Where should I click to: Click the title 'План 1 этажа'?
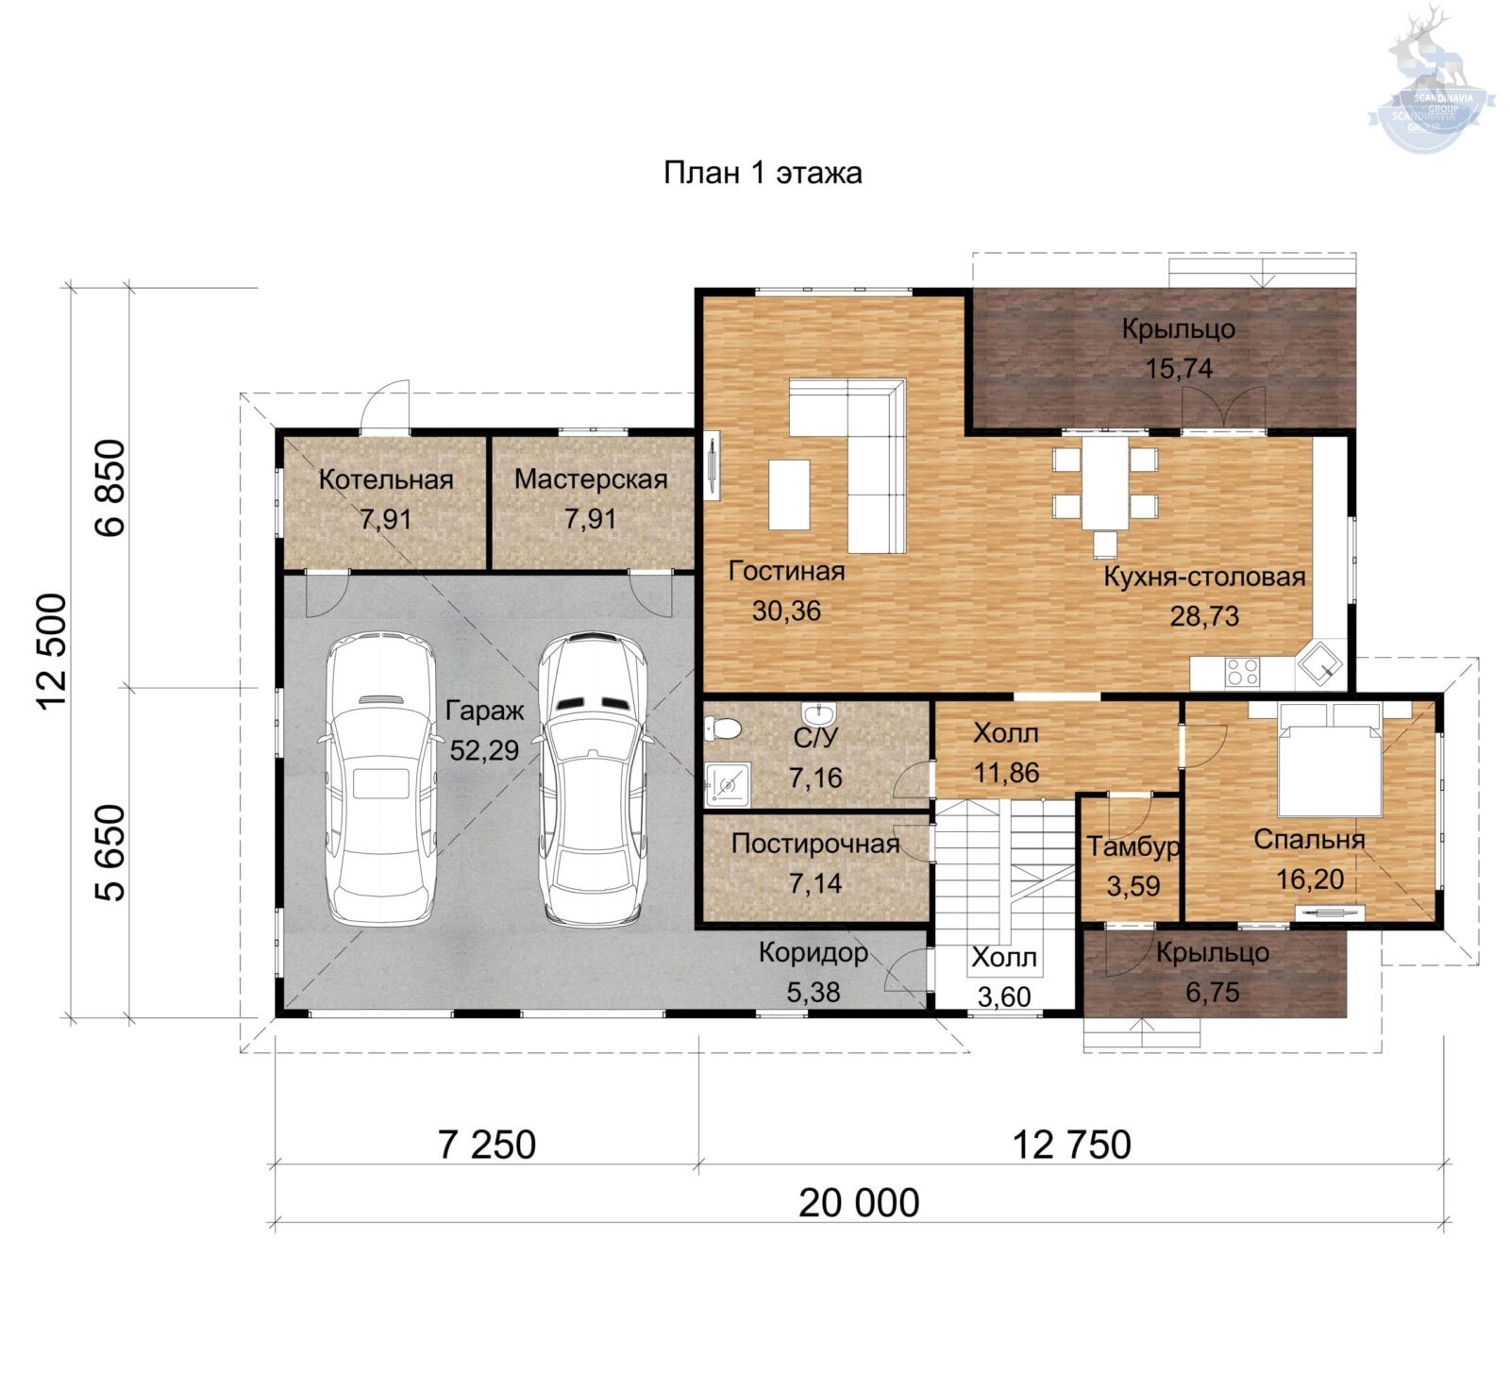point(763,174)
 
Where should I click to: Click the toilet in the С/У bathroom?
point(723,728)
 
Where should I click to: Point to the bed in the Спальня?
point(1331,759)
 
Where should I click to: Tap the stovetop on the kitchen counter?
point(1242,671)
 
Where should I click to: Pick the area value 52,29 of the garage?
point(484,750)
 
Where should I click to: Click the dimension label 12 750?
point(1071,1145)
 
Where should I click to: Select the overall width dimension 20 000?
point(859,1203)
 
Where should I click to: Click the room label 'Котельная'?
point(386,479)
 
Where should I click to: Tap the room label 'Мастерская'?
point(591,479)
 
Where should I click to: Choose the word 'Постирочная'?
point(815,844)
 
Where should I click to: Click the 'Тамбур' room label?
point(1133,846)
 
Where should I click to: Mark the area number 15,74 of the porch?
point(1180,368)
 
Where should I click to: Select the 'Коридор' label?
point(814,953)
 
